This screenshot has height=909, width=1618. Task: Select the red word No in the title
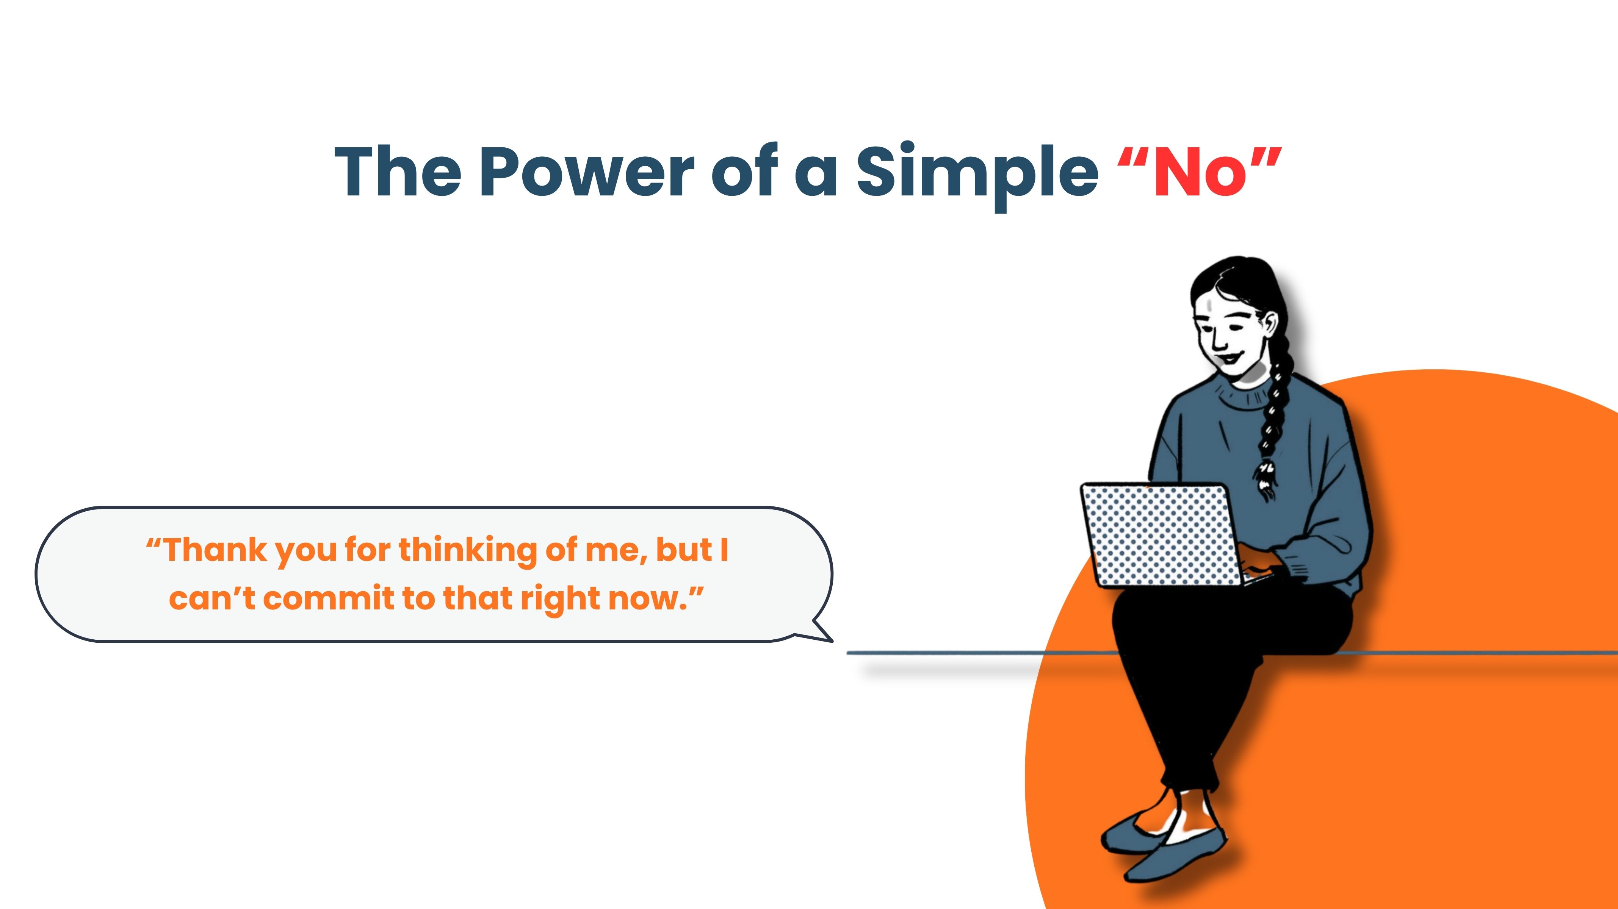pos(1200,171)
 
